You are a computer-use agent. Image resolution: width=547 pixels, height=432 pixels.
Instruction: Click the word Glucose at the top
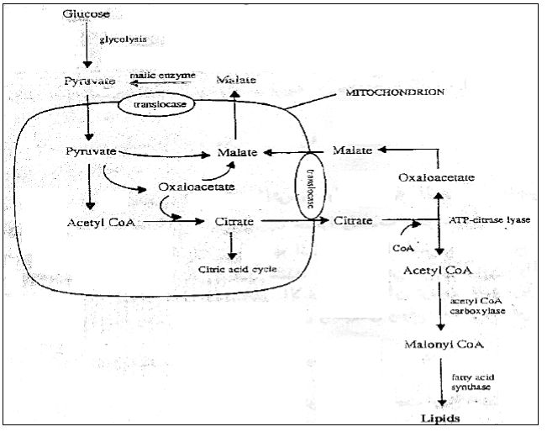(x=86, y=16)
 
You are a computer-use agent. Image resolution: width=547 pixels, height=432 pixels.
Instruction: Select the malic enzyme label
(x=163, y=75)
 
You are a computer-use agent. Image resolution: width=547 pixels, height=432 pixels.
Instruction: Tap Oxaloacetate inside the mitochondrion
(x=196, y=187)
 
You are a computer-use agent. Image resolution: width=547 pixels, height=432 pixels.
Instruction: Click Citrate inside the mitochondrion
(x=231, y=223)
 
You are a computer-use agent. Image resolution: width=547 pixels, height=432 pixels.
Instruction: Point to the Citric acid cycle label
(x=237, y=269)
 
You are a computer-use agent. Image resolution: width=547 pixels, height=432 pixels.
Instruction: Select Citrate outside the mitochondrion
(x=353, y=221)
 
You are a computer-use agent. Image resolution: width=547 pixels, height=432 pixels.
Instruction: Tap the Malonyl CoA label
(x=439, y=345)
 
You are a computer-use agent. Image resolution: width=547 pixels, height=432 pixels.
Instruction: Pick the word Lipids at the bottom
(x=440, y=417)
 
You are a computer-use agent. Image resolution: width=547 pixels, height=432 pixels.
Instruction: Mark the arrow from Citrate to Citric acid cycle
(x=232, y=245)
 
